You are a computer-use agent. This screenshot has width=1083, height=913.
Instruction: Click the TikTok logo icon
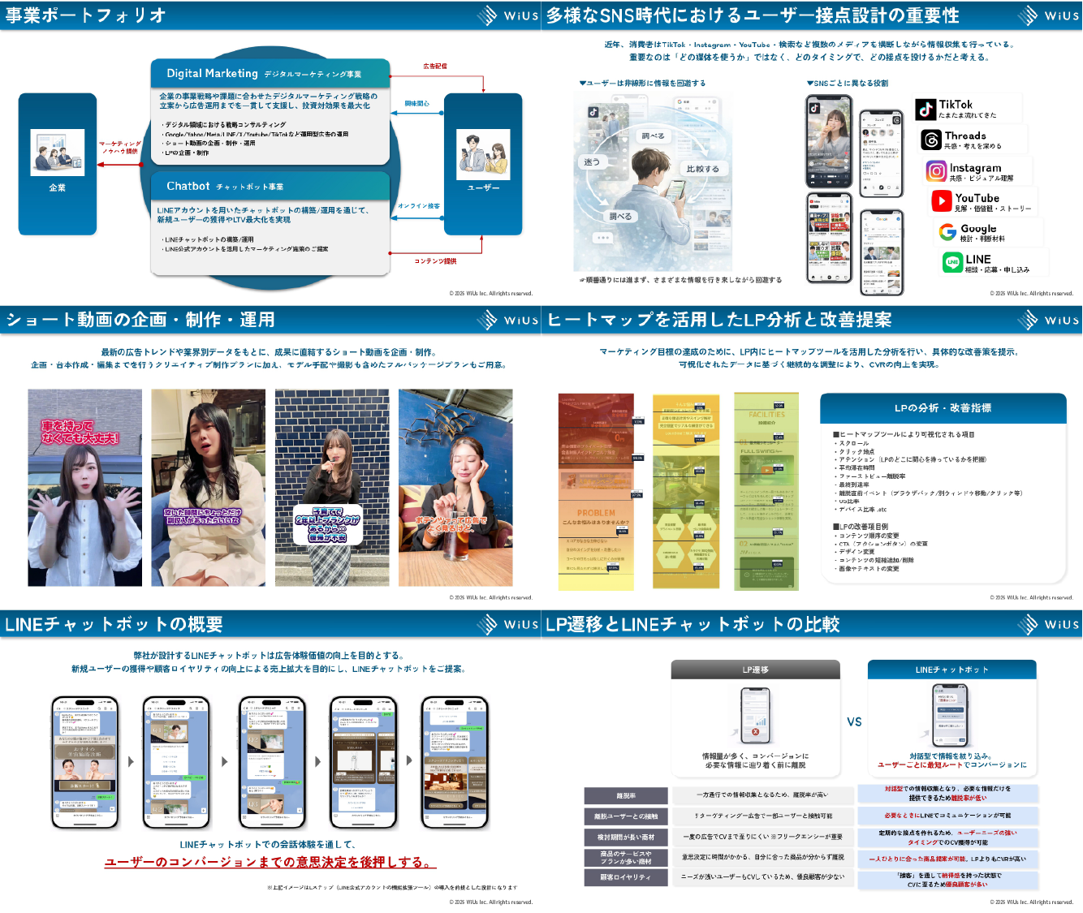click(926, 110)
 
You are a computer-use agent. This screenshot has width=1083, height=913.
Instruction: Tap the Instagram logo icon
click(936, 170)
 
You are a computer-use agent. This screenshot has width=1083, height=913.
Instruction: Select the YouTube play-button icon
click(941, 200)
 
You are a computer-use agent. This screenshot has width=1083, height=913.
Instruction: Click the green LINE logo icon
click(952, 262)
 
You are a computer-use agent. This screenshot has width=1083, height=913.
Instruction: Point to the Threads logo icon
click(930, 140)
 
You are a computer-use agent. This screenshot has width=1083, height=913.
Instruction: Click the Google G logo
click(947, 232)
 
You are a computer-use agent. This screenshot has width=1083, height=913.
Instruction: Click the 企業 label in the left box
click(57, 187)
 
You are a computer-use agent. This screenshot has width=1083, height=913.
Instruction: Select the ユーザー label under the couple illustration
click(483, 187)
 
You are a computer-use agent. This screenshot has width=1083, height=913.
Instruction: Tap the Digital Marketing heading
click(212, 73)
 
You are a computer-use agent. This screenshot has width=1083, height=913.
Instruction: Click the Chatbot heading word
click(188, 186)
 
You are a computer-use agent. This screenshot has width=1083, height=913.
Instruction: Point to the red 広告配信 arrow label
click(434, 66)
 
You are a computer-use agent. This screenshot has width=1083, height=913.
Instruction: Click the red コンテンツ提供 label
click(435, 261)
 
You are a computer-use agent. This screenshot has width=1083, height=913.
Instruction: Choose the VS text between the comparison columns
click(854, 721)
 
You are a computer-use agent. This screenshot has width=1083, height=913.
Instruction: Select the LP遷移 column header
click(755, 670)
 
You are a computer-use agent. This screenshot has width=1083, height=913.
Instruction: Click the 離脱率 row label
click(626, 795)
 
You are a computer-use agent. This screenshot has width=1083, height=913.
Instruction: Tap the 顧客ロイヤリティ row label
click(626, 877)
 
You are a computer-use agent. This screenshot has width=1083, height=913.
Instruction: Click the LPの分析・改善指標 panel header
click(943, 408)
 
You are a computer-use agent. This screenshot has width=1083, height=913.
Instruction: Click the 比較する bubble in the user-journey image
click(702, 169)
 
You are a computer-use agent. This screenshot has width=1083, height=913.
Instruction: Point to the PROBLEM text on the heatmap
click(596, 513)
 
